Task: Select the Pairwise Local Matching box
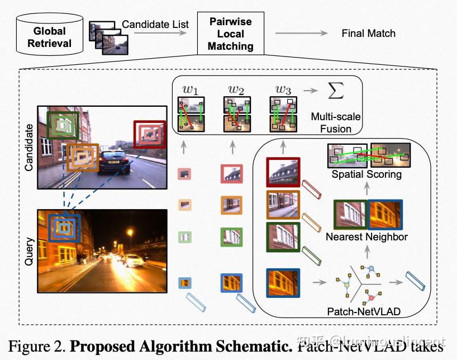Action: pyautogui.click(x=230, y=34)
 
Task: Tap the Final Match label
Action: pyautogui.click(x=368, y=34)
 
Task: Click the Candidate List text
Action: pyautogui.click(x=155, y=25)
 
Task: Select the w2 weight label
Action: pyautogui.click(x=236, y=89)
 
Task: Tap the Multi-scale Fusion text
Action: pyautogui.click(x=336, y=123)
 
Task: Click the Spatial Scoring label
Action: pyautogui.click(x=366, y=174)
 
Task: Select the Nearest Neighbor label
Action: pyautogui.click(x=367, y=236)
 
